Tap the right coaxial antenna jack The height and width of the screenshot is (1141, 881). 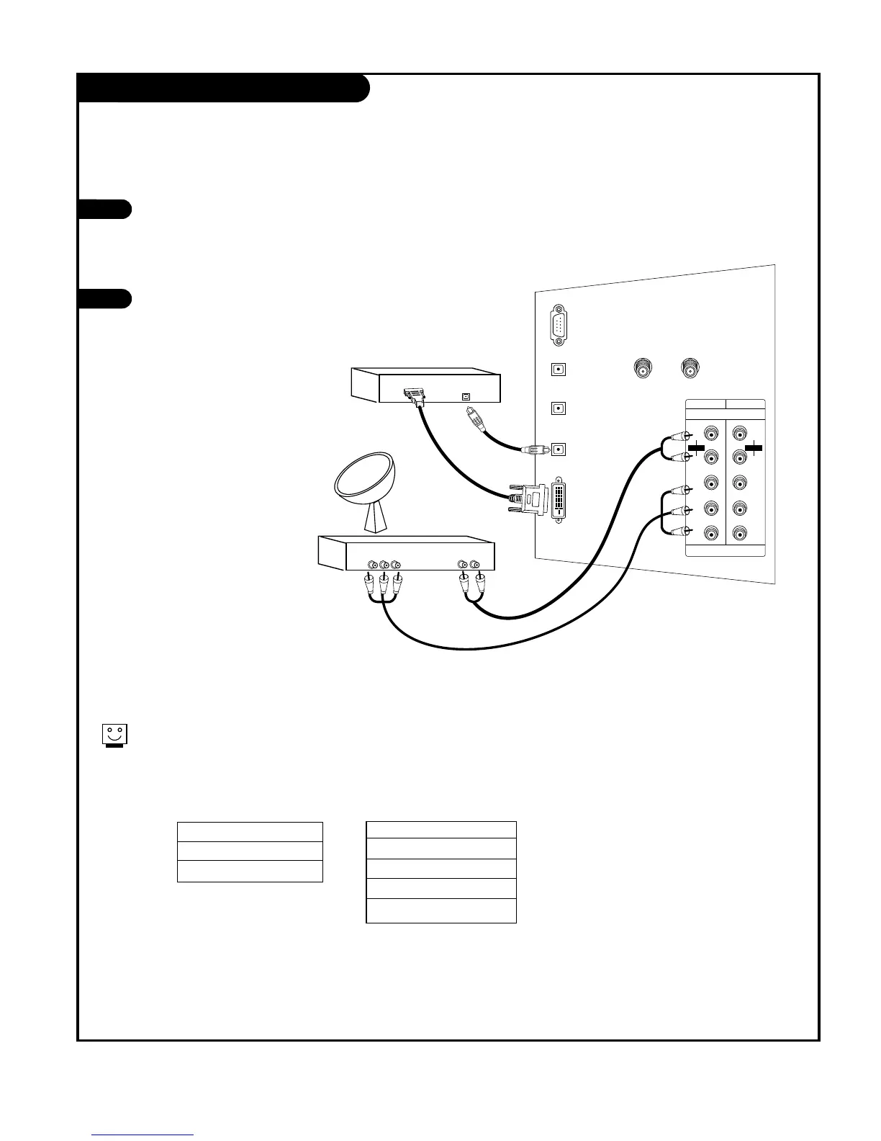[x=691, y=370]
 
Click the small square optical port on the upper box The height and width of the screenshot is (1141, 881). [x=466, y=396]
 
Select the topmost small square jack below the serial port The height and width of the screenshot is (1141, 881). [x=559, y=370]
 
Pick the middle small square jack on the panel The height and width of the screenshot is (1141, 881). [x=559, y=408]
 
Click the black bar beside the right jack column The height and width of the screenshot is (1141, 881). [x=754, y=447]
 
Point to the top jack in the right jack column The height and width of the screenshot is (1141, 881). [x=740, y=434]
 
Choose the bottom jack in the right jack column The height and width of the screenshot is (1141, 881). [x=740, y=534]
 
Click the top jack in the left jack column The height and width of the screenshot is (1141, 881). [x=711, y=434]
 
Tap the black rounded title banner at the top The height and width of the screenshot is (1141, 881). [x=223, y=88]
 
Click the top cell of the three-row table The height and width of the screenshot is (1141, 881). [x=250, y=831]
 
